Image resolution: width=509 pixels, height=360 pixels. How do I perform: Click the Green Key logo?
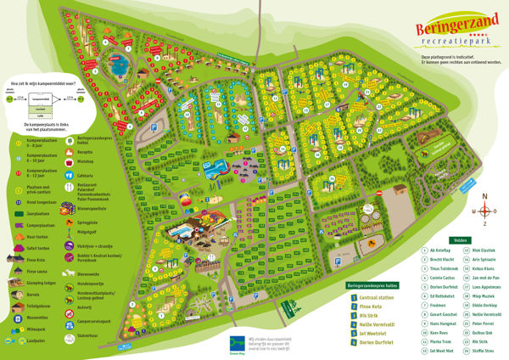[240, 342]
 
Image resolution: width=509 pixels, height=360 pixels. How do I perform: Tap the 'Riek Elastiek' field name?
[484, 251]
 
